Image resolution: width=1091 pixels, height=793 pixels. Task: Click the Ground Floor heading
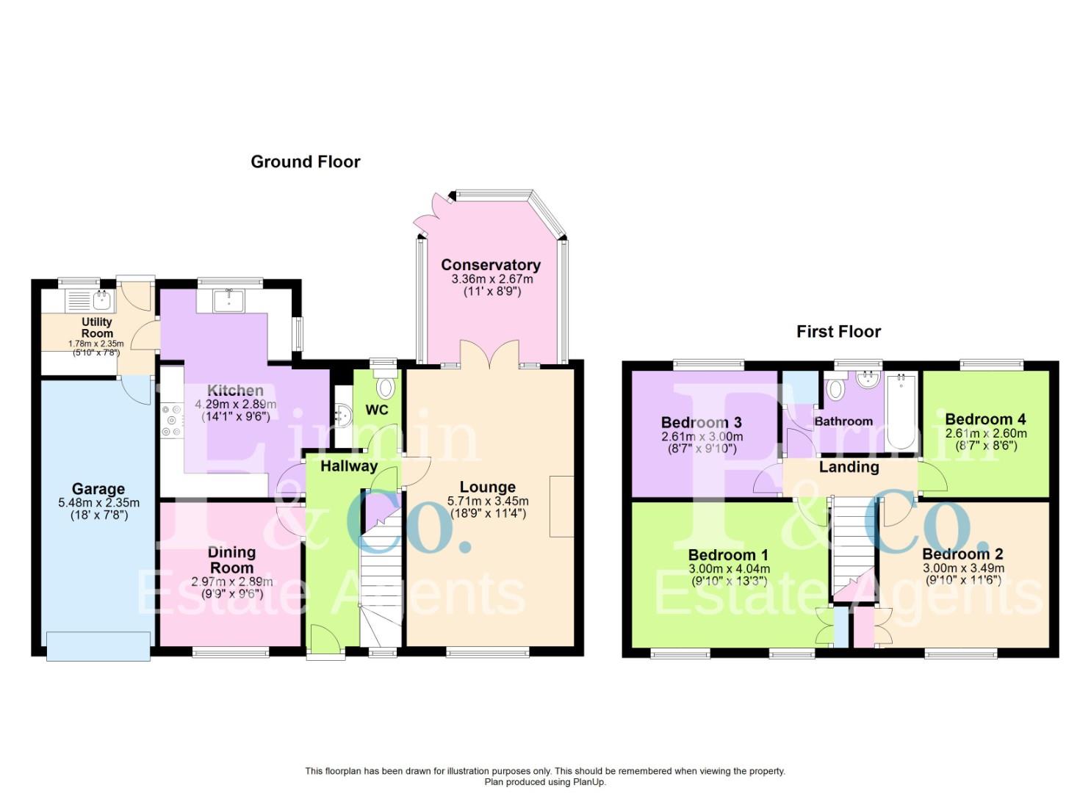pyautogui.click(x=306, y=162)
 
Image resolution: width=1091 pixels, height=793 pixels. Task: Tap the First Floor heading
pyautogui.click(x=838, y=331)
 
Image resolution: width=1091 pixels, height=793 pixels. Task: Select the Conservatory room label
pyautogui.click(x=491, y=265)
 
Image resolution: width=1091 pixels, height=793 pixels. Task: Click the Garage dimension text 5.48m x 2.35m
pyautogui.click(x=99, y=503)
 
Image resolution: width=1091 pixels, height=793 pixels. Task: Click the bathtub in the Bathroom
pyautogui.click(x=901, y=411)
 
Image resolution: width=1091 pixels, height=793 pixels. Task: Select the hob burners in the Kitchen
pyautogui.click(x=171, y=419)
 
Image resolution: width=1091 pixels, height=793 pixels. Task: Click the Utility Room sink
pyautogui.click(x=102, y=301)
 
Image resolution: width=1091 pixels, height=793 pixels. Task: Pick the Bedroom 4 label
pyautogui.click(x=985, y=419)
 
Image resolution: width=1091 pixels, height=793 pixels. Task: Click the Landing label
pyautogui.click(x=849, y=467)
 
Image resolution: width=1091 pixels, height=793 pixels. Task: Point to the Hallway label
pyautogui.click(x=349, y=466)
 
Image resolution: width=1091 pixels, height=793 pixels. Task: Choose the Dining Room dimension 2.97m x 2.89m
pyautogui.click(x=232, y=582)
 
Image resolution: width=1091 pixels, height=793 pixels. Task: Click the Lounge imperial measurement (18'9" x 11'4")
pyautogui.click(x=488, y=513)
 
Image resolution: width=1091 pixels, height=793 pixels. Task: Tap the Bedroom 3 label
pyautogui.click(x=702, y=422)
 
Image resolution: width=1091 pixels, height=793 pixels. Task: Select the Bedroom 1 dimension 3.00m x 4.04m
pyautogui.click(x=729, y=568)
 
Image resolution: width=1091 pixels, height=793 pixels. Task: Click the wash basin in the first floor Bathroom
pyautogui.click(x=868, y=380)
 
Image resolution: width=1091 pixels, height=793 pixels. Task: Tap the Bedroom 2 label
pyautogui.click(x=962, y=554)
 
